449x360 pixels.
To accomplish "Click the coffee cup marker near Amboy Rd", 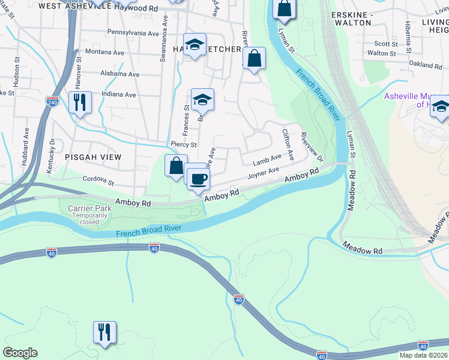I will point(198,179).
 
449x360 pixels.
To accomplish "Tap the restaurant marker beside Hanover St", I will point(80,103).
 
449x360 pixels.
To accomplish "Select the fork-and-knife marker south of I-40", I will point(104,332).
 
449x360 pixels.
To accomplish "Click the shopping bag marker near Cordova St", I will point(176,166).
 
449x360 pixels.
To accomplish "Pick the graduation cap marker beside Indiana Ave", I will point(203,101).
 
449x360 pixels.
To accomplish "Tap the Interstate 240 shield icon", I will point(52,102).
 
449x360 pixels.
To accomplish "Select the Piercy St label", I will point(184,145).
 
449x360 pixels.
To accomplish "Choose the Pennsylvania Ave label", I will point(137,32).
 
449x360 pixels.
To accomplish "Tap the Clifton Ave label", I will point(288,143).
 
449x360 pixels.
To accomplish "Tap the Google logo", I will point(20,353).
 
